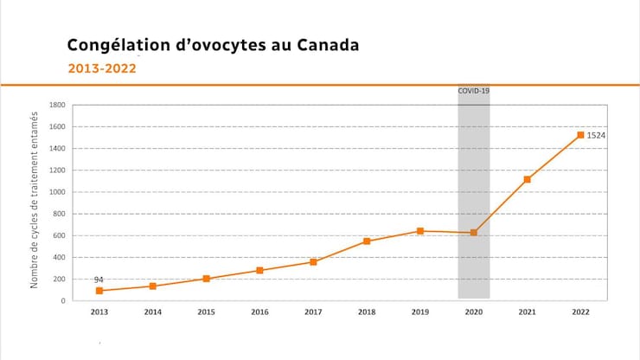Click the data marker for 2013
pos(99,291)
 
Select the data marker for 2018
pos(367,241)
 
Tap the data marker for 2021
pos(527,179)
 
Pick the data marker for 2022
pos(580,135)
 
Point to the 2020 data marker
pos(474,233)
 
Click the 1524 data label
pos(596,136)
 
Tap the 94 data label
pos(99,280)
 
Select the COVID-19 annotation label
pos(474,90)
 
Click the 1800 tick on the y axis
pos(58,106)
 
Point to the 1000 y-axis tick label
pos(58,192)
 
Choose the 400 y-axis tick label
pos(60,257)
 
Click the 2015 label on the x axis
pos(206,312)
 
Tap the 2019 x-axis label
pos(420,312)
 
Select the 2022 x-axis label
pos(580,312)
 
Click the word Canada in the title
pos(326,44)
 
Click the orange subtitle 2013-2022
pos(102,68)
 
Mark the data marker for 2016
pos(259,271)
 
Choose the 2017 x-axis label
pos(313,312)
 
